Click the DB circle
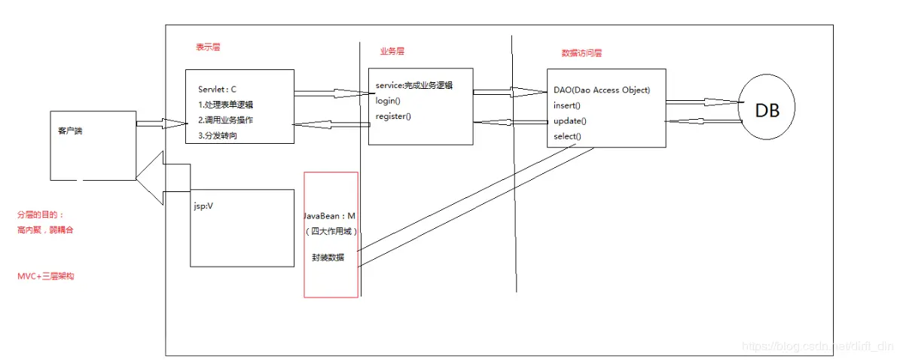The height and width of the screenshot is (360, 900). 767,111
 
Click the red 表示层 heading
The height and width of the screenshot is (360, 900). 208,47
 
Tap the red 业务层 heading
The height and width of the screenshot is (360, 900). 392,51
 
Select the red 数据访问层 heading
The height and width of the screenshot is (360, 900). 581,53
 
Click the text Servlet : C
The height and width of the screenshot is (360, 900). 218,89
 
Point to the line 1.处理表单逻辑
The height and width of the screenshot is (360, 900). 226,105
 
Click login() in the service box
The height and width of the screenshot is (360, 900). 388,101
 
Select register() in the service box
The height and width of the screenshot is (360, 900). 393,116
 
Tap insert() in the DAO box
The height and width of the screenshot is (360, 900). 566,105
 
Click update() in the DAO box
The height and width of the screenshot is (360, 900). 569,121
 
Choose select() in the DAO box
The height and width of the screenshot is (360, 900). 567,136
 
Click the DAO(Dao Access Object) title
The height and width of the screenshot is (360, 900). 601,90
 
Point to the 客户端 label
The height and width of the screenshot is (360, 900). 70,130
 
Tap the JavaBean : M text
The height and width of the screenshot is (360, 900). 330,216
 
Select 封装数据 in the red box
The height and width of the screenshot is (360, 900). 330,257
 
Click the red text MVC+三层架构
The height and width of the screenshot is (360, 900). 45,276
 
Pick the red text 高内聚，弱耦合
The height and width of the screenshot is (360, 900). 45,230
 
